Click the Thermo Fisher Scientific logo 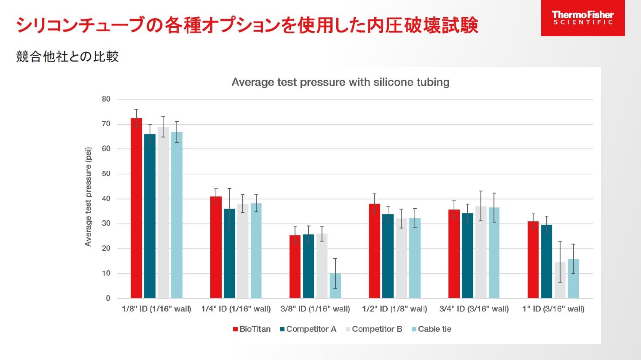[582, 18]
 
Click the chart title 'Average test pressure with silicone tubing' [340, 82]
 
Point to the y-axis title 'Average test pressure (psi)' [88, 197]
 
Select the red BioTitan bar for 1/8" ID [136, 208]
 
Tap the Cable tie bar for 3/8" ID [335, 286]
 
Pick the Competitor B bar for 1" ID [560, 280]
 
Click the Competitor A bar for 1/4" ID [229, 253]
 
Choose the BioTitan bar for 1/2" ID [374, 251]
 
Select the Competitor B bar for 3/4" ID [480, 252]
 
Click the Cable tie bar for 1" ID [573, 279]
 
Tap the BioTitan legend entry [252, 329]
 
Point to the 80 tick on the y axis [106, 99]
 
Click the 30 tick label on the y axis [106, 223]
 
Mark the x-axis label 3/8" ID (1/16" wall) [315, 309]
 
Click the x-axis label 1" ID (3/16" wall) [553, 309]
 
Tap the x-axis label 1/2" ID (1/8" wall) [394, 309]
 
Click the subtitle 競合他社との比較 [67, 56]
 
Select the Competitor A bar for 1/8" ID [150, 216]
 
